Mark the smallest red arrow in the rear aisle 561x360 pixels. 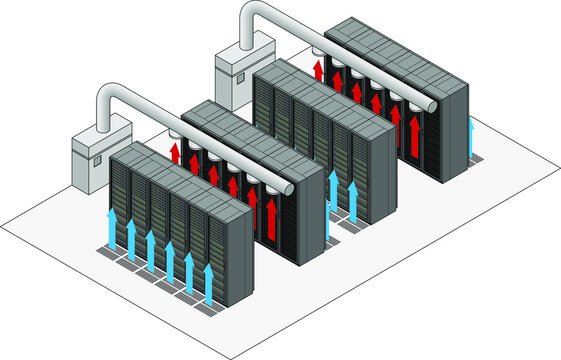[319, 69]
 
